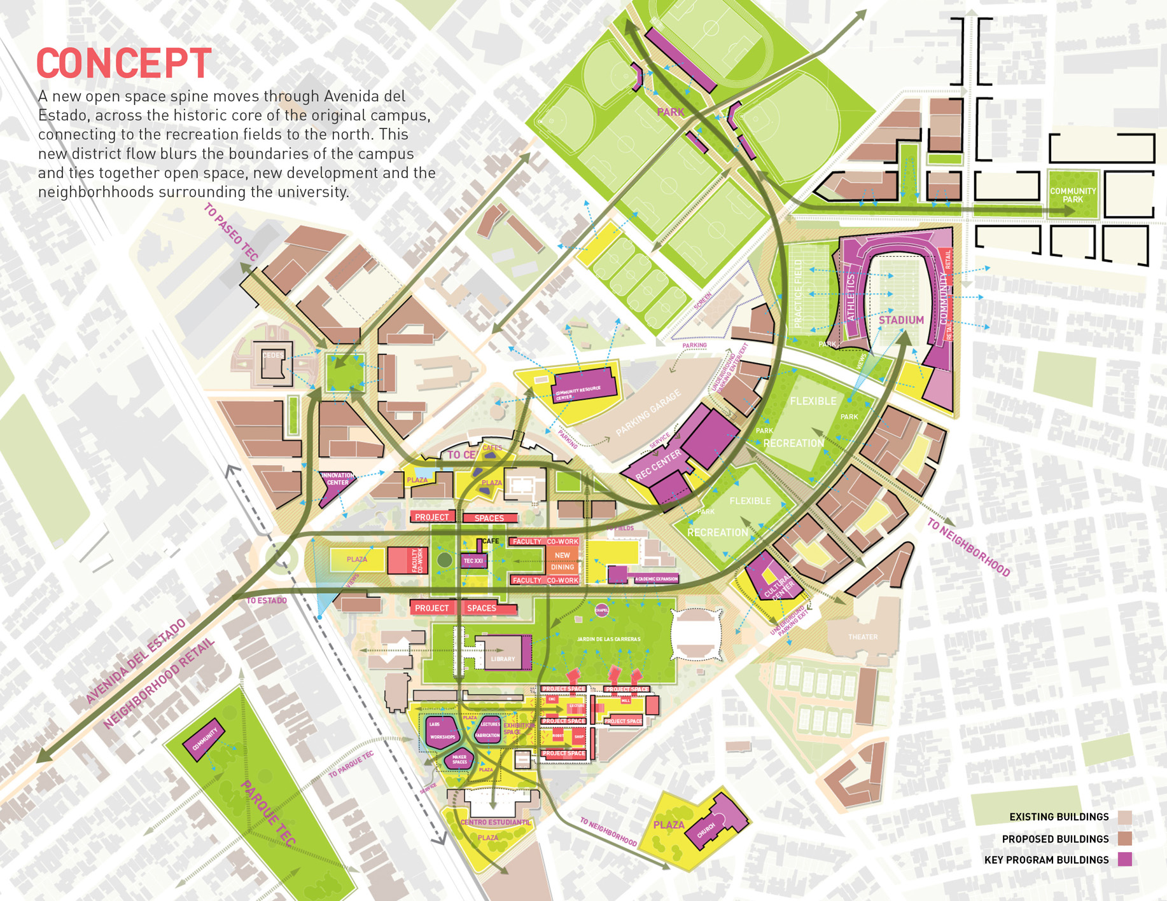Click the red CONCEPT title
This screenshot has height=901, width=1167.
[123, 64]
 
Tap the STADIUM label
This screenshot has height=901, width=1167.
[901, 320]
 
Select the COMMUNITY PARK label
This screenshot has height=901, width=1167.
[1073, 195]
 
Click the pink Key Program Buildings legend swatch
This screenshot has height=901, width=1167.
[1125, 860]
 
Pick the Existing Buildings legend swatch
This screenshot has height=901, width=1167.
[1125, 817]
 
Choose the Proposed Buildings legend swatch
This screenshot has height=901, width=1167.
[1125, 839]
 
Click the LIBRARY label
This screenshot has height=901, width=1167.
[503, 659]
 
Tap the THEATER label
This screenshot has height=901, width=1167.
[862, 636]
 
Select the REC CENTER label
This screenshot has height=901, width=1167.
[659, 464]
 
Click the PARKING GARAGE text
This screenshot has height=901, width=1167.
[648, 413]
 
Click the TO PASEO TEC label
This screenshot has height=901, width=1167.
[231, 232]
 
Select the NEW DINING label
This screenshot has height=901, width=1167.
[562, 561]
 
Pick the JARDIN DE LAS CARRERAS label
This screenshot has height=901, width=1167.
[608, 639]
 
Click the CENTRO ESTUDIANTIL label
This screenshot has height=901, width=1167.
[495, 822]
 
